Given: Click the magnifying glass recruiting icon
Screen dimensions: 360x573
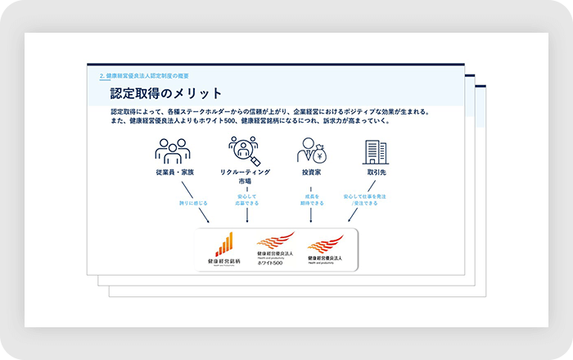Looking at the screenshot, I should pyautogui.click(x=245, y=151).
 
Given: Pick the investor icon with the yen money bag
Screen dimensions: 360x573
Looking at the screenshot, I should pyautogui.click(x=310, y=151).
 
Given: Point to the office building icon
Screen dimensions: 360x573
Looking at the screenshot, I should pyautogui.click(x=376, y=151).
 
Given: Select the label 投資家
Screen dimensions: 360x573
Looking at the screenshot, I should pyautogui.click(x=310, y=173).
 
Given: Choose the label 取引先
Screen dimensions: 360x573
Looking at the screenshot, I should pyautogui.click(x=376, y=173).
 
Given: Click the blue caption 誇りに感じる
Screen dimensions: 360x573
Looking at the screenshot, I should pyautogui.click(x=193, y=202).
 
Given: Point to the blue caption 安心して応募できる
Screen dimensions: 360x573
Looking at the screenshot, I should pyautogui.click(x=247, y=200).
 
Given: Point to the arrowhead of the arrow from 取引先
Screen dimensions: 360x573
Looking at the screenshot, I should pyautogui.click(x=349, y=222).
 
